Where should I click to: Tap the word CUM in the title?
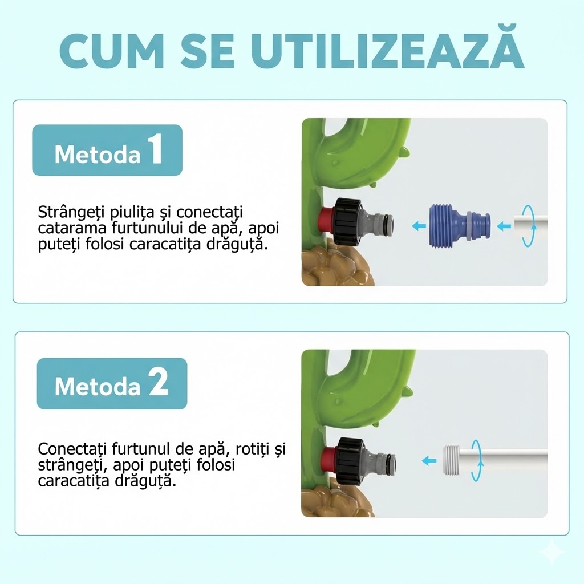pyautogui.click(x=111, y=51)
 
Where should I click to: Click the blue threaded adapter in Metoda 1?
pyautogui.click(x=459, y=226)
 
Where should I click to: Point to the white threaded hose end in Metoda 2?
pyautogui.click(x=452, y=460)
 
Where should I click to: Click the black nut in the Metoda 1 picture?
pyautogui.click(x=348, y=221)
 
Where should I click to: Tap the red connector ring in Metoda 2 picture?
pyautogui.click(x=328, y=460)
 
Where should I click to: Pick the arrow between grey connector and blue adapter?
pyautogui.click(x=419, y=225)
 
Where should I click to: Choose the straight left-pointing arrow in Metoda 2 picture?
pyautogui.click(x=429, y=460)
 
